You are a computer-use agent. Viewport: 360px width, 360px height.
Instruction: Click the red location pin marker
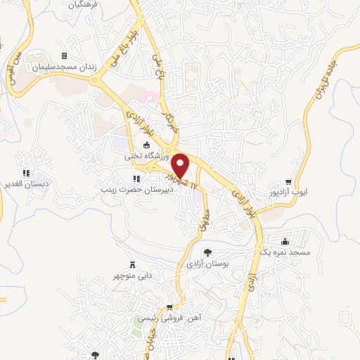click(x=181, y=165)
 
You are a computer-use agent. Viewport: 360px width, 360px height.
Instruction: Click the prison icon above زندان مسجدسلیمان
click(x=64, y=56)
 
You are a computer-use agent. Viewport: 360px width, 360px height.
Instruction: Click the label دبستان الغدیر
click(x=25, y=184)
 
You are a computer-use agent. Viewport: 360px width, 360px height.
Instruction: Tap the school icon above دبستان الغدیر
click(x=26, y=172)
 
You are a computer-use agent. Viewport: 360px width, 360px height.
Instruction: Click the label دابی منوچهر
click(x=131, y=276)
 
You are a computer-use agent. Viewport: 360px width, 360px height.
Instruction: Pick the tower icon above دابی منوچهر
click(x=131, y=264)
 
